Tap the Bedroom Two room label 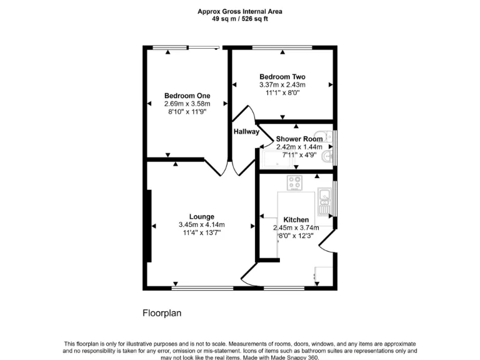tap(282, 76)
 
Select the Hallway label tap(246, 132)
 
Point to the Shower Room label tap(299, 139)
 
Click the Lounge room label tap(201, 217)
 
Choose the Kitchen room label tap(296, 220)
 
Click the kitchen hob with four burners tap(295, 182)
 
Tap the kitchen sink tap(325, 197)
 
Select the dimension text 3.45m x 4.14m tap(201, 225)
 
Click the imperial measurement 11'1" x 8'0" tap(282, 92)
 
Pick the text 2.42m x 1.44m tap(299, 147)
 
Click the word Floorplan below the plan tap(162, 313)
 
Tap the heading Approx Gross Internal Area tap(240, 11)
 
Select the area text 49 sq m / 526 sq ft tap(240, 19)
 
